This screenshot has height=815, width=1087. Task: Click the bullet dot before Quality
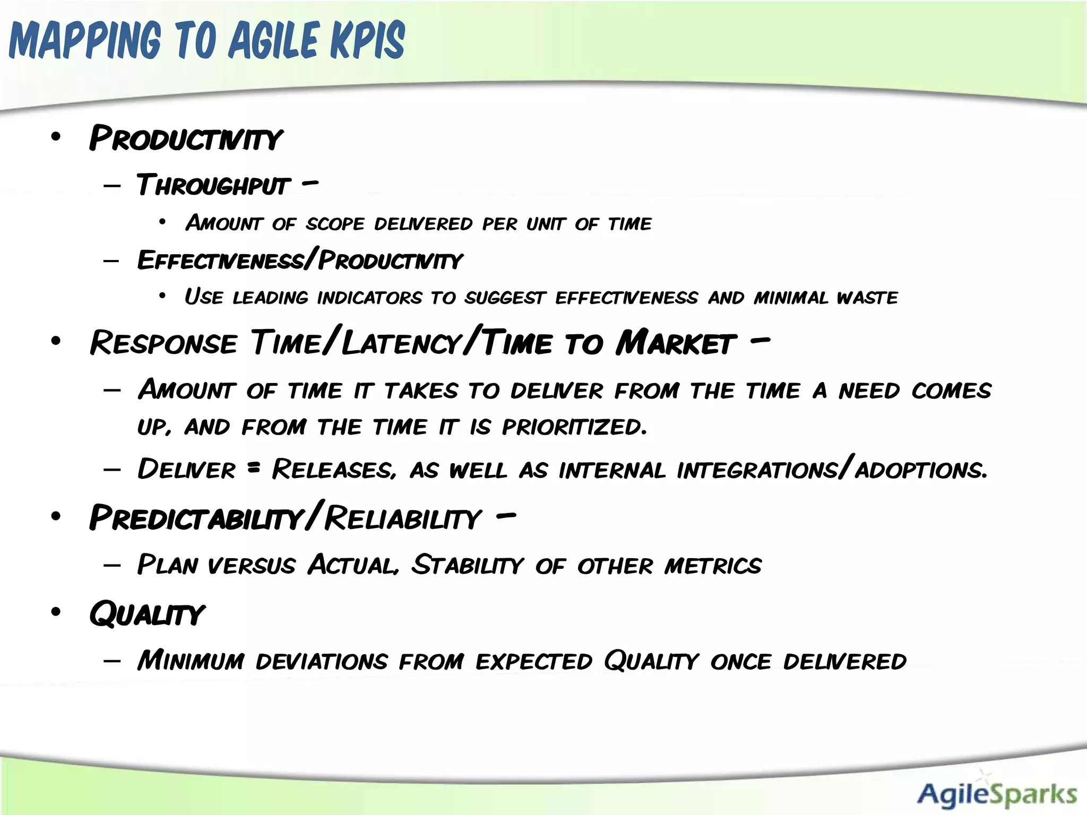point(56,612)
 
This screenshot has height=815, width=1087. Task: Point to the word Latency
point(401,343)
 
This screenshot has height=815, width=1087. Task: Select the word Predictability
point(196,518)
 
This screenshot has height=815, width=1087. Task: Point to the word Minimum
point(191,661)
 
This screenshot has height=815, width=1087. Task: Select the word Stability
point(468,565)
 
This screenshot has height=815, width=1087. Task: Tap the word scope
point(335,224)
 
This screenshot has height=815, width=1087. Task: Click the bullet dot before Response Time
point(56,341)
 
